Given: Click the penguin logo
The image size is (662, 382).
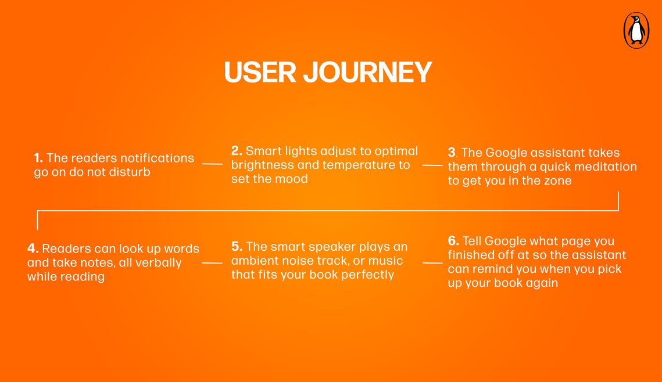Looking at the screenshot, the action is (636, 30).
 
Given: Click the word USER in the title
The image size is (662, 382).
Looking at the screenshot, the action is (260, 72).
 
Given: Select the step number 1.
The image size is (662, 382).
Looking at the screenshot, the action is (38, 158).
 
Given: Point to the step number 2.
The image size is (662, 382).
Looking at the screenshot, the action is (237, 150).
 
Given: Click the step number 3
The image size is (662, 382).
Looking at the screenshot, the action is (452, 152).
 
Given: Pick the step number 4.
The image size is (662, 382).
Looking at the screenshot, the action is (33, 248).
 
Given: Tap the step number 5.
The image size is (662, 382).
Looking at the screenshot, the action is (237, 246).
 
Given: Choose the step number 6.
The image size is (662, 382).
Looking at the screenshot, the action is (453, 241).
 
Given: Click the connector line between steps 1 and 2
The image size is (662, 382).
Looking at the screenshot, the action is (212, 164).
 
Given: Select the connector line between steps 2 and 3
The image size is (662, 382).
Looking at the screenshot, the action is (433, 165).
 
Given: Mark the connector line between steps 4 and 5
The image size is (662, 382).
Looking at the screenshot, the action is (212, 262).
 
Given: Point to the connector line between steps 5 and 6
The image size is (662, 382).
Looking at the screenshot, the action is (433, 262).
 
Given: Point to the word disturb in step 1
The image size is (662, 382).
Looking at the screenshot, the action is (130, 172).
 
